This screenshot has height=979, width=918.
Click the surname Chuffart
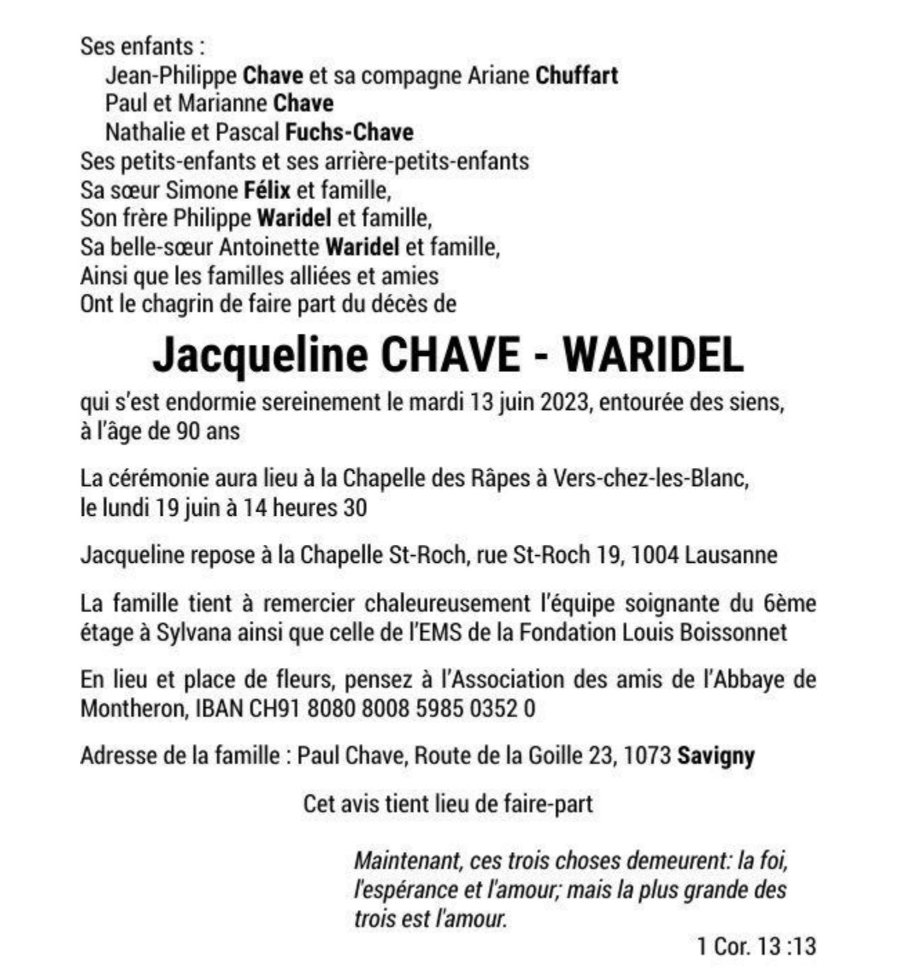[x=577, y=75]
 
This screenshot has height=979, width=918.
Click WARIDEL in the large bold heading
[x=653, y=355]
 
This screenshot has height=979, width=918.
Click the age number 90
[x=190, y=431]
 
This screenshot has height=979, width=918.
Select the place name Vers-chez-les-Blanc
[x=650, y=478]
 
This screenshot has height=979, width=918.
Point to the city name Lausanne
[x=731, y=554]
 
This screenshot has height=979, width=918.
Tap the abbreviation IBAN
[x=220, y=709]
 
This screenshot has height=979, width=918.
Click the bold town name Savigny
[x=715, y=756]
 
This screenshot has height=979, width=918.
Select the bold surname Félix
[x=267, y=189]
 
